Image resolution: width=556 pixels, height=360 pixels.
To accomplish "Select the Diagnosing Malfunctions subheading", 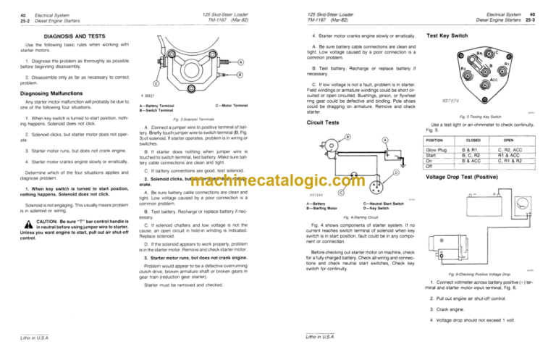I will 47,93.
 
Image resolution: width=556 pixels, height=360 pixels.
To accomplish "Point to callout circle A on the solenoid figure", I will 240,61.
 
